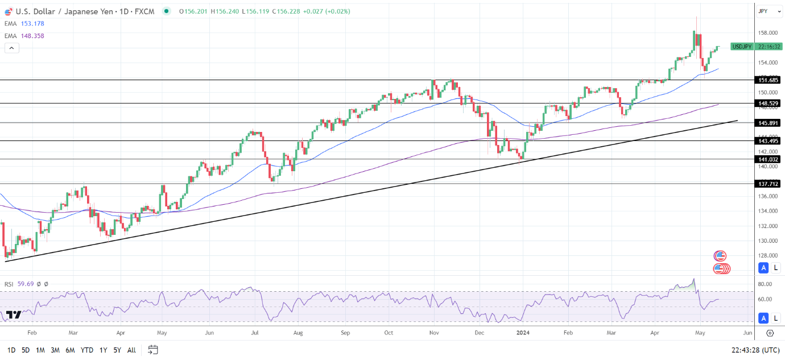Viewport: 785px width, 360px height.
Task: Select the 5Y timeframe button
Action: point(116,350)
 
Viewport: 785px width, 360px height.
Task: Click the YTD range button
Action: point(87,350)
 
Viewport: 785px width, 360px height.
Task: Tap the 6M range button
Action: point(70,350)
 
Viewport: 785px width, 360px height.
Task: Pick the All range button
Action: point(131,350)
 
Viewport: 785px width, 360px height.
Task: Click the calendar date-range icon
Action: point(152,350)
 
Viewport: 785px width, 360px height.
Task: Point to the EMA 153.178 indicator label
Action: point(23,23)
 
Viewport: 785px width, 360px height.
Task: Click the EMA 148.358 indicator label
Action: point(23,36)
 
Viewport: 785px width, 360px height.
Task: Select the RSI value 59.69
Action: point(26,284)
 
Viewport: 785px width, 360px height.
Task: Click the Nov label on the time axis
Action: point(434,332)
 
